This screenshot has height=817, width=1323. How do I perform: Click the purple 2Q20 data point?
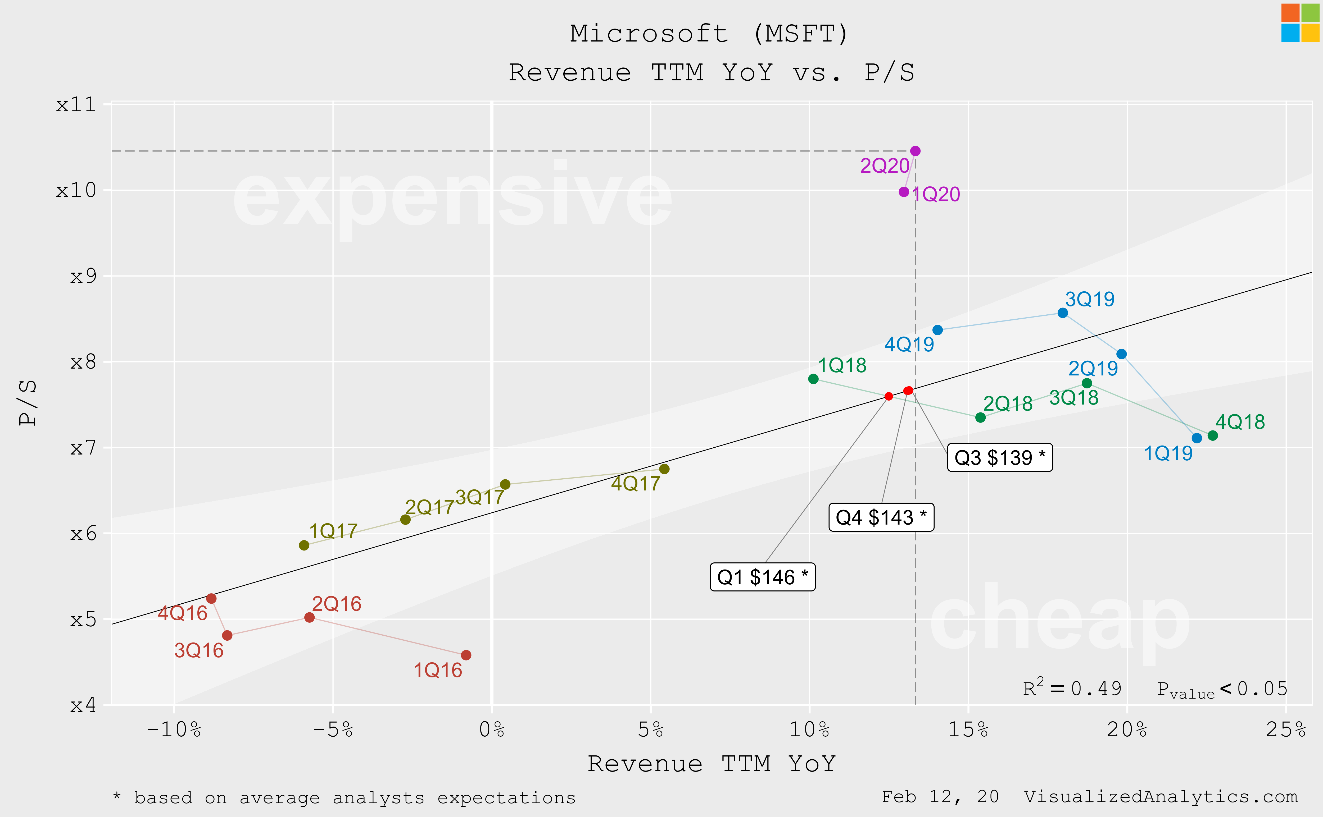pyautogui.click(x=915, y=151)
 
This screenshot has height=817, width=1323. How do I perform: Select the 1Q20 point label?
pyautogui.click(x=936, y=195)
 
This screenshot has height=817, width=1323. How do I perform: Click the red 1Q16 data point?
pyautogui.click(x=466, y=655)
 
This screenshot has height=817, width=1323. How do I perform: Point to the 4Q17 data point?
pyautogui.click(x=664, y=469)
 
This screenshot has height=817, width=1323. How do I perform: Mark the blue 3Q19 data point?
pyautogui.click(x=1062, y=313)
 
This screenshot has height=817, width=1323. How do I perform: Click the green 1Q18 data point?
pyautogui.click(x=813, y=379)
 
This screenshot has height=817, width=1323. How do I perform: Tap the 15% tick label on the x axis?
pyautogui.click(x=968, y=730)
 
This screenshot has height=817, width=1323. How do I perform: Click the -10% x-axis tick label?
pyautogui.click(x=174, y=730)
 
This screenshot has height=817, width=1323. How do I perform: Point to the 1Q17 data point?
pyautogui.click(x=304, y=545)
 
